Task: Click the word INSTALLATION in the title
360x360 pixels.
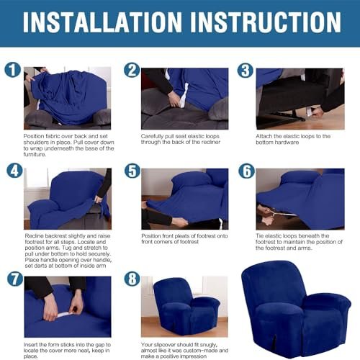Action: [x=102, y=22]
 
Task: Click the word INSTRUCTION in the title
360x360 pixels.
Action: [x=266, y=22]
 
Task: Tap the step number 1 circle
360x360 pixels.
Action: [x=13, y=70]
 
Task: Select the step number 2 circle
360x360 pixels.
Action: [x=132, y=70]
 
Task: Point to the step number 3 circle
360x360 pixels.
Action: [x=246, y=71]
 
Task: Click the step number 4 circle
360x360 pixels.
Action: [x=14, y=171]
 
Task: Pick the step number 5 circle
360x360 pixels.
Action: [x=132, y=171]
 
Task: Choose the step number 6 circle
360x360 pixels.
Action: [x=247, y=171]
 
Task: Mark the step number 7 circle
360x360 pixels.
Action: [x=15, y=279]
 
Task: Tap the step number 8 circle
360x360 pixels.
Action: [x=132, y=279]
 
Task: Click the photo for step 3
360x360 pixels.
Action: [x=300, y=99]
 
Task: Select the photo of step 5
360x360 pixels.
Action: [x=185, y=199]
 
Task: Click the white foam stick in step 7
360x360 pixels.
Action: [x=66, y=314]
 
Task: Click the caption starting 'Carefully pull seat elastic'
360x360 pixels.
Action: [x=181, y=139]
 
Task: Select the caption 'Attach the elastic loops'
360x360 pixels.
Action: [x=293, y=139]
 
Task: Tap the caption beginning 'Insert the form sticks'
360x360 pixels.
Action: [x=67, y=351]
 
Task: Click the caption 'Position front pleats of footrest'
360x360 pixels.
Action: [x=184, y=239]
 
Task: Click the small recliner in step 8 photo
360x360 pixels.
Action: [x=186, y=307]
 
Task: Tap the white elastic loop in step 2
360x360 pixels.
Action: [x=183, y=96]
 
